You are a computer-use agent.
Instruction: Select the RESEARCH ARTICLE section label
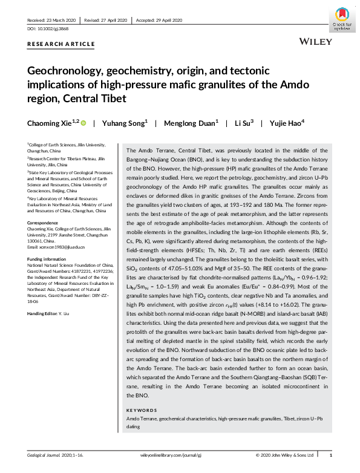61,44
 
